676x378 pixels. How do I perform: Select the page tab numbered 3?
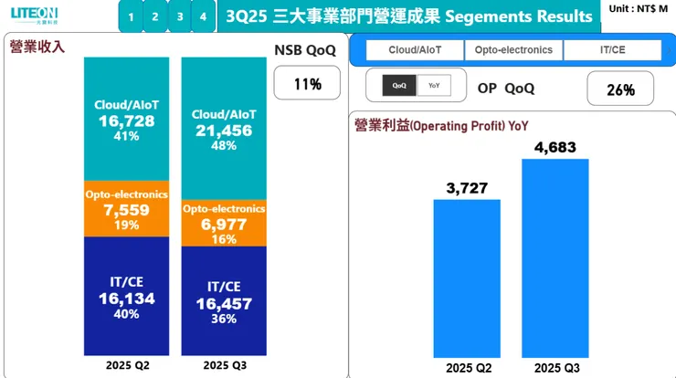click(179, 16)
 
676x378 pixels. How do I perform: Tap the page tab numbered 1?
click(132, 16)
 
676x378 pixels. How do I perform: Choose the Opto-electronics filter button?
click(513, 49)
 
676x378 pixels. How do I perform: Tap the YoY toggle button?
click(433, 86)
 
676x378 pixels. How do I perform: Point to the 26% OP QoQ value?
click(619, 89)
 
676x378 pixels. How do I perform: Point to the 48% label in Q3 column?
click(223, 146)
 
